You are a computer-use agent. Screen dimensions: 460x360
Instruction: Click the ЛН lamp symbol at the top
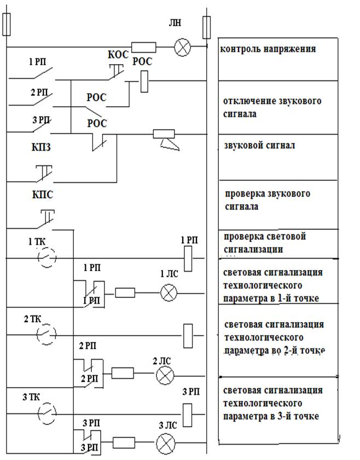pos(182,48)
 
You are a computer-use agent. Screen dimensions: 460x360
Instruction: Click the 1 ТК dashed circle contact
pos(47,258)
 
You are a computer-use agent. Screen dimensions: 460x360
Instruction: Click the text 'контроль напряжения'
pos(268,49)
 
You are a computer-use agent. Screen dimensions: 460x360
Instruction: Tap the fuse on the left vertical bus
pos(7,25)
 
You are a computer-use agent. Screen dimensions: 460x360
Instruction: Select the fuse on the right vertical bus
pos(206,25)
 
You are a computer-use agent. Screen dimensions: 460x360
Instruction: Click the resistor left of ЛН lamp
pos(143,48)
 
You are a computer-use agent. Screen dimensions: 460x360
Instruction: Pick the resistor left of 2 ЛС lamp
pos(121,373)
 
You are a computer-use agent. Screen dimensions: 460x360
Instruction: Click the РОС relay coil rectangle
pos(144,82)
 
